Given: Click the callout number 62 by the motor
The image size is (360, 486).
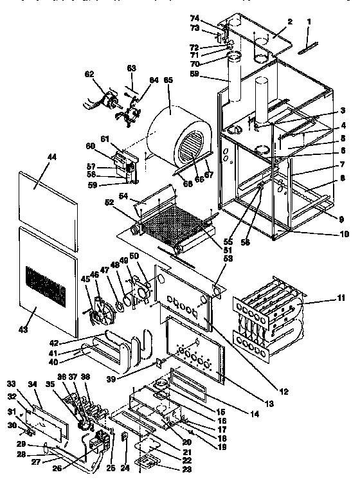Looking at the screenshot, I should pyautogui.click(x=89, y=73).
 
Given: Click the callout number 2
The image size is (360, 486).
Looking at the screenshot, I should pyautogui.click(x=290, y=21).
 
